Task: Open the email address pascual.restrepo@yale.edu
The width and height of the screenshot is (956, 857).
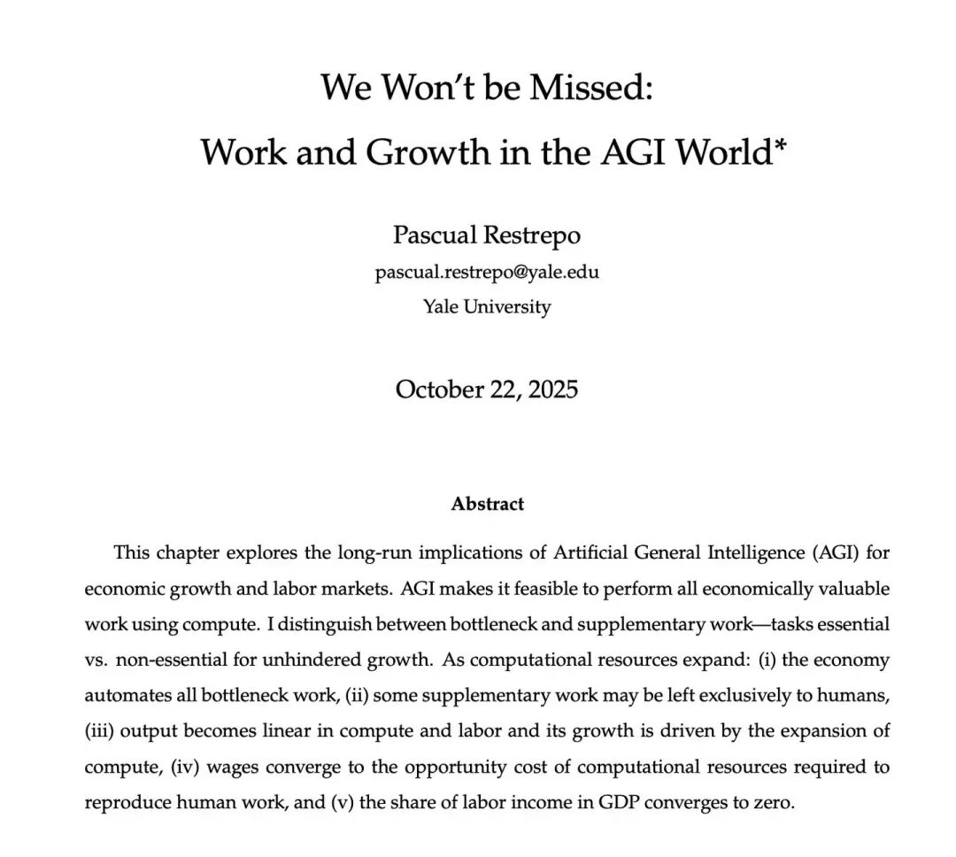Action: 486,273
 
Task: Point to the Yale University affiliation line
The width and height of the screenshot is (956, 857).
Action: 486,307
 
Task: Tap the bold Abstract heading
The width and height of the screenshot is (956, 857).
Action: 487,505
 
